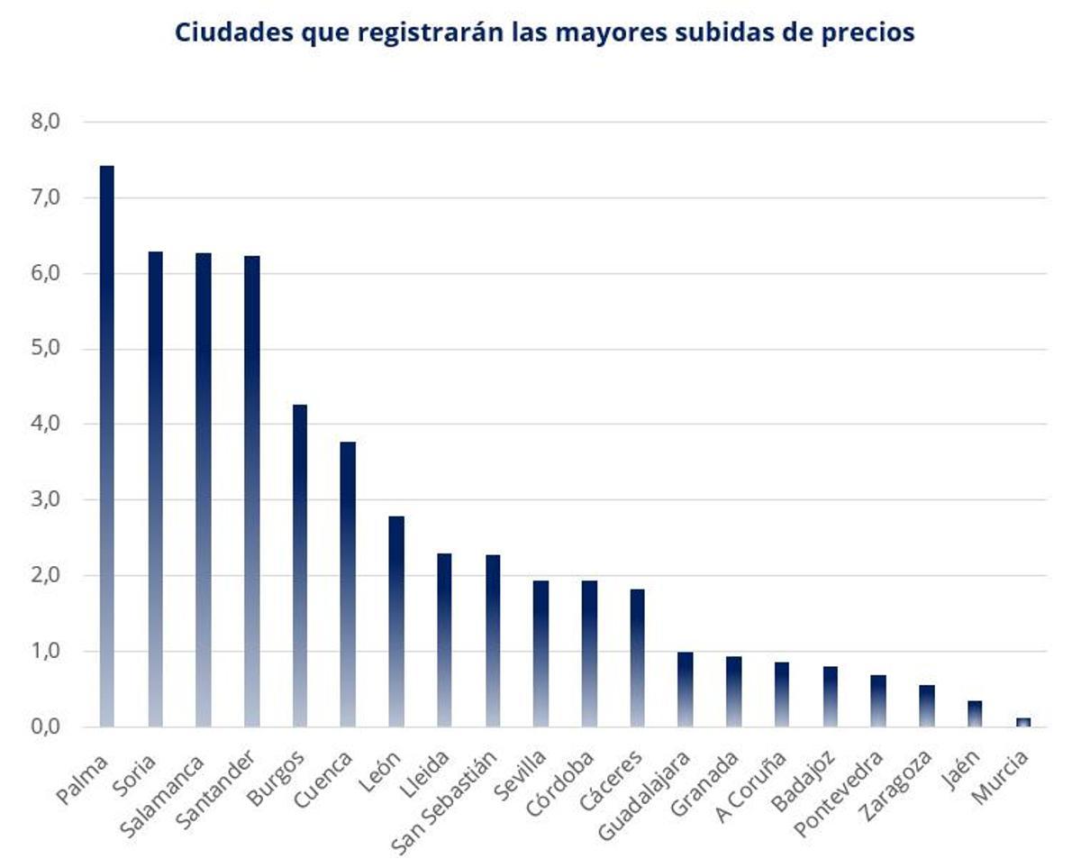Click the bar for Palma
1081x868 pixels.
(106, 446)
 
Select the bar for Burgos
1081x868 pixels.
(300, 565)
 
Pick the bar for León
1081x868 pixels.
(396, 621)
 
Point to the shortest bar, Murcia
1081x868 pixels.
(1022, 722)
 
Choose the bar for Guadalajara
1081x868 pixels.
(686, 689)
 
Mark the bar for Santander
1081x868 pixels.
(251, 491)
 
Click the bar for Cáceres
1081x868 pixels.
(637, 657)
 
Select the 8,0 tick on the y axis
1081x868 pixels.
(44, 122)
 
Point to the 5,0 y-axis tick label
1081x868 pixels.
(44, 349)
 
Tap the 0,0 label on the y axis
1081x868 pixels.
(44, 726)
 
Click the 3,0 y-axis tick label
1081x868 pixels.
(44, 499)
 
